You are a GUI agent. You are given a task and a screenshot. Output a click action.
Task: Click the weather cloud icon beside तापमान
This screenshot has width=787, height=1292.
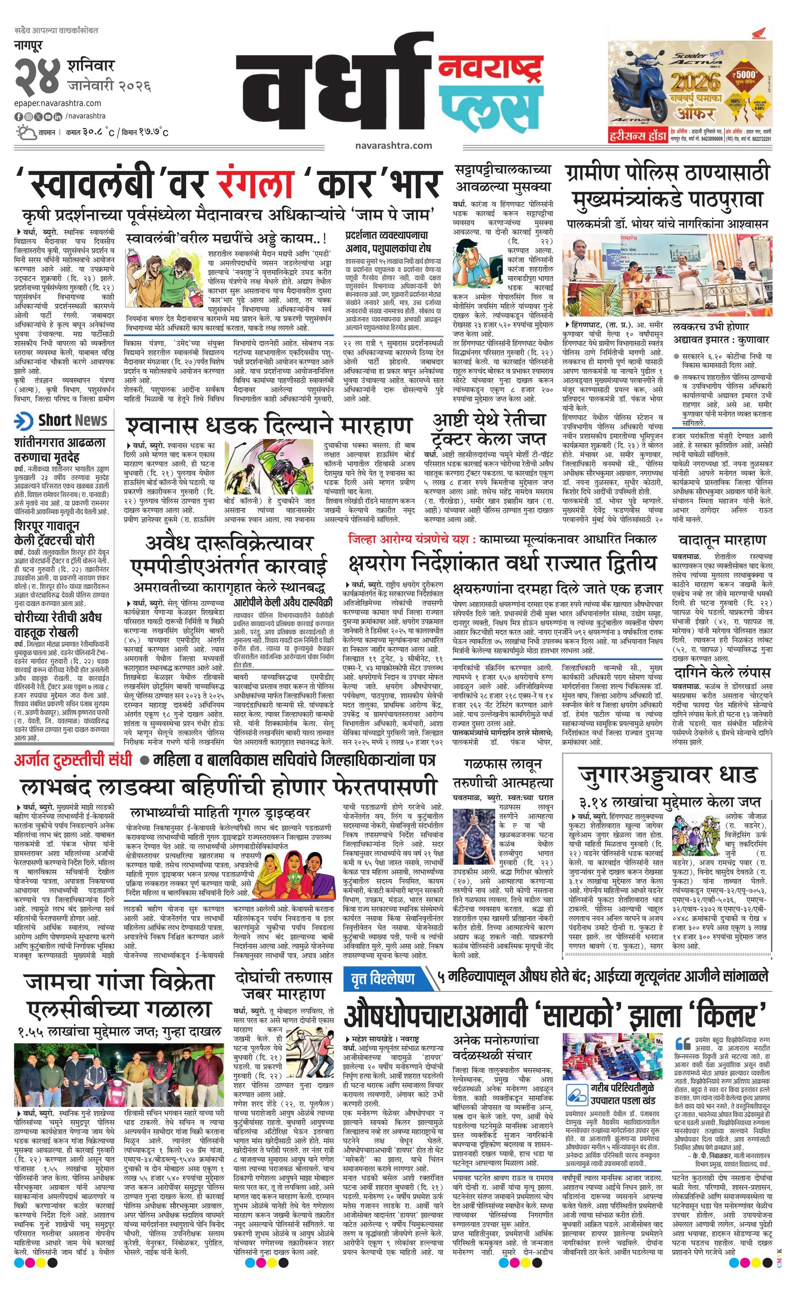coord(26,132)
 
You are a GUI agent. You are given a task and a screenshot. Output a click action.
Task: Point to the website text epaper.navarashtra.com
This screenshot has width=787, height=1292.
coord(58,103)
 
